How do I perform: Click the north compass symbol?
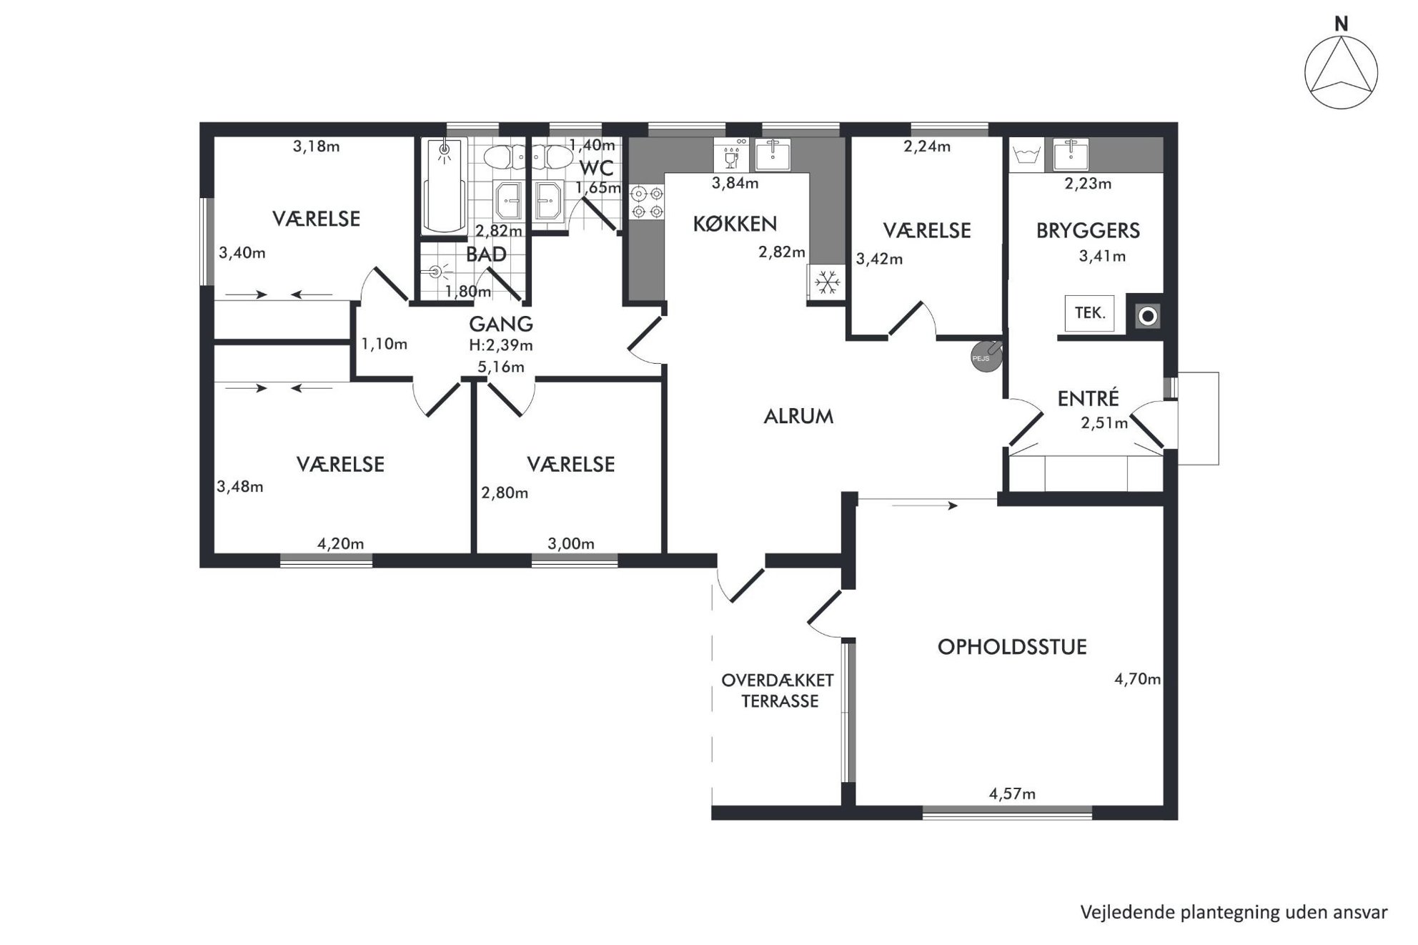tap(1341, 72)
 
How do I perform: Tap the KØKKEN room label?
tap(735, 224)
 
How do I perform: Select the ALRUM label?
tap(798, 417)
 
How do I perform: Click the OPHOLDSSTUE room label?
tap(1012, 648)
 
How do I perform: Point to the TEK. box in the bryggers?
tap(1089, 313)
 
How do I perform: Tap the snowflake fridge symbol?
tap(827, 282)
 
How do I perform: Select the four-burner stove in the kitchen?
tap(647, 202)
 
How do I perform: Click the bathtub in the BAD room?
tap(445, 186)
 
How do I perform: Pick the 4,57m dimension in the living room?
tap(1012, 793)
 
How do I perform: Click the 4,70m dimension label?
tap(1137, 679)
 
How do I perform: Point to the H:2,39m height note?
tap(501, 345)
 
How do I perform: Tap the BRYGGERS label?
tap(1088, 231)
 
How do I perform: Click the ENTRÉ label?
tap(1088, 398)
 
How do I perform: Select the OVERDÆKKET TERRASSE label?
tap(778, 691)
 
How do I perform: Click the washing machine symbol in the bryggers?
tap(1026, 155)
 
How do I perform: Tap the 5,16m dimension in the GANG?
tap(501, 367)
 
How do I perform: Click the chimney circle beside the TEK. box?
tap(1147, 316)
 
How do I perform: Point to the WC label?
tap(596, 169)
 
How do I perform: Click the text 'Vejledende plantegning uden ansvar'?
tap(1234, 913)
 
